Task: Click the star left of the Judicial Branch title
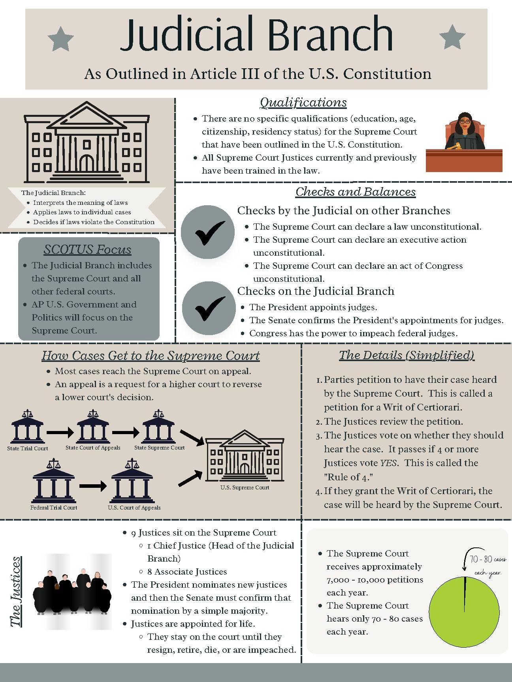(x=60, y=39)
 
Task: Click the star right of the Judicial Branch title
(x=452, y=37)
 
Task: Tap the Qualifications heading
(x=303, y=102)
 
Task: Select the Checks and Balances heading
(x=356, y=192)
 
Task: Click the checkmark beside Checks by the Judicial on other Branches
(x=207, y=232)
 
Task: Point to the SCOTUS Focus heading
(x=87, y=249)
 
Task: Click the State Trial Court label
(x=28, y=448)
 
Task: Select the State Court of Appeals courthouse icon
(x=93, y=427)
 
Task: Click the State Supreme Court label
(x=159, y=448)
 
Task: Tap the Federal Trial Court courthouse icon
(x=53, y=482)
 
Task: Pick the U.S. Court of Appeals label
(x=134, y=508)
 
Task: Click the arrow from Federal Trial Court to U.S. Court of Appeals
(x=92, y=486)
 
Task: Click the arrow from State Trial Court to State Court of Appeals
(x=60, y=433)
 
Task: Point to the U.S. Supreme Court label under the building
(x=245, y=487)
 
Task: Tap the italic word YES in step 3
(x=389, y=463)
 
